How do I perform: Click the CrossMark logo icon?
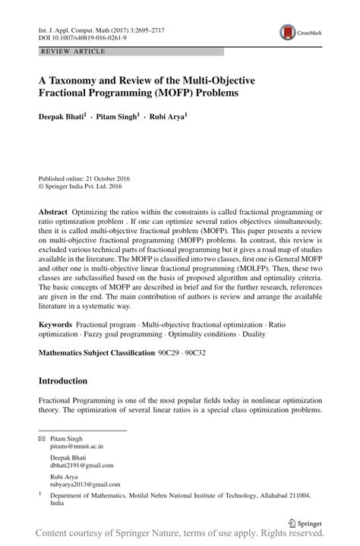point(288,32)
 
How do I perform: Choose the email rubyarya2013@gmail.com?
point(85,484)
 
